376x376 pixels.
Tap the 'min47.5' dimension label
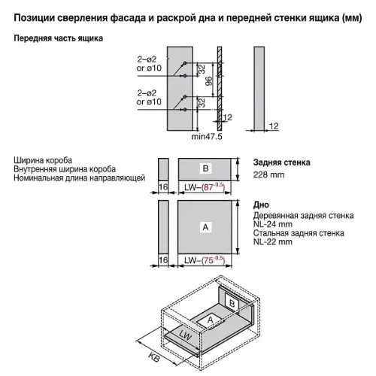(208, 136)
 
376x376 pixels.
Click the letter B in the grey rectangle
(205, 167)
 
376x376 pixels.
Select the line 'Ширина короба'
(43, 160)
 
